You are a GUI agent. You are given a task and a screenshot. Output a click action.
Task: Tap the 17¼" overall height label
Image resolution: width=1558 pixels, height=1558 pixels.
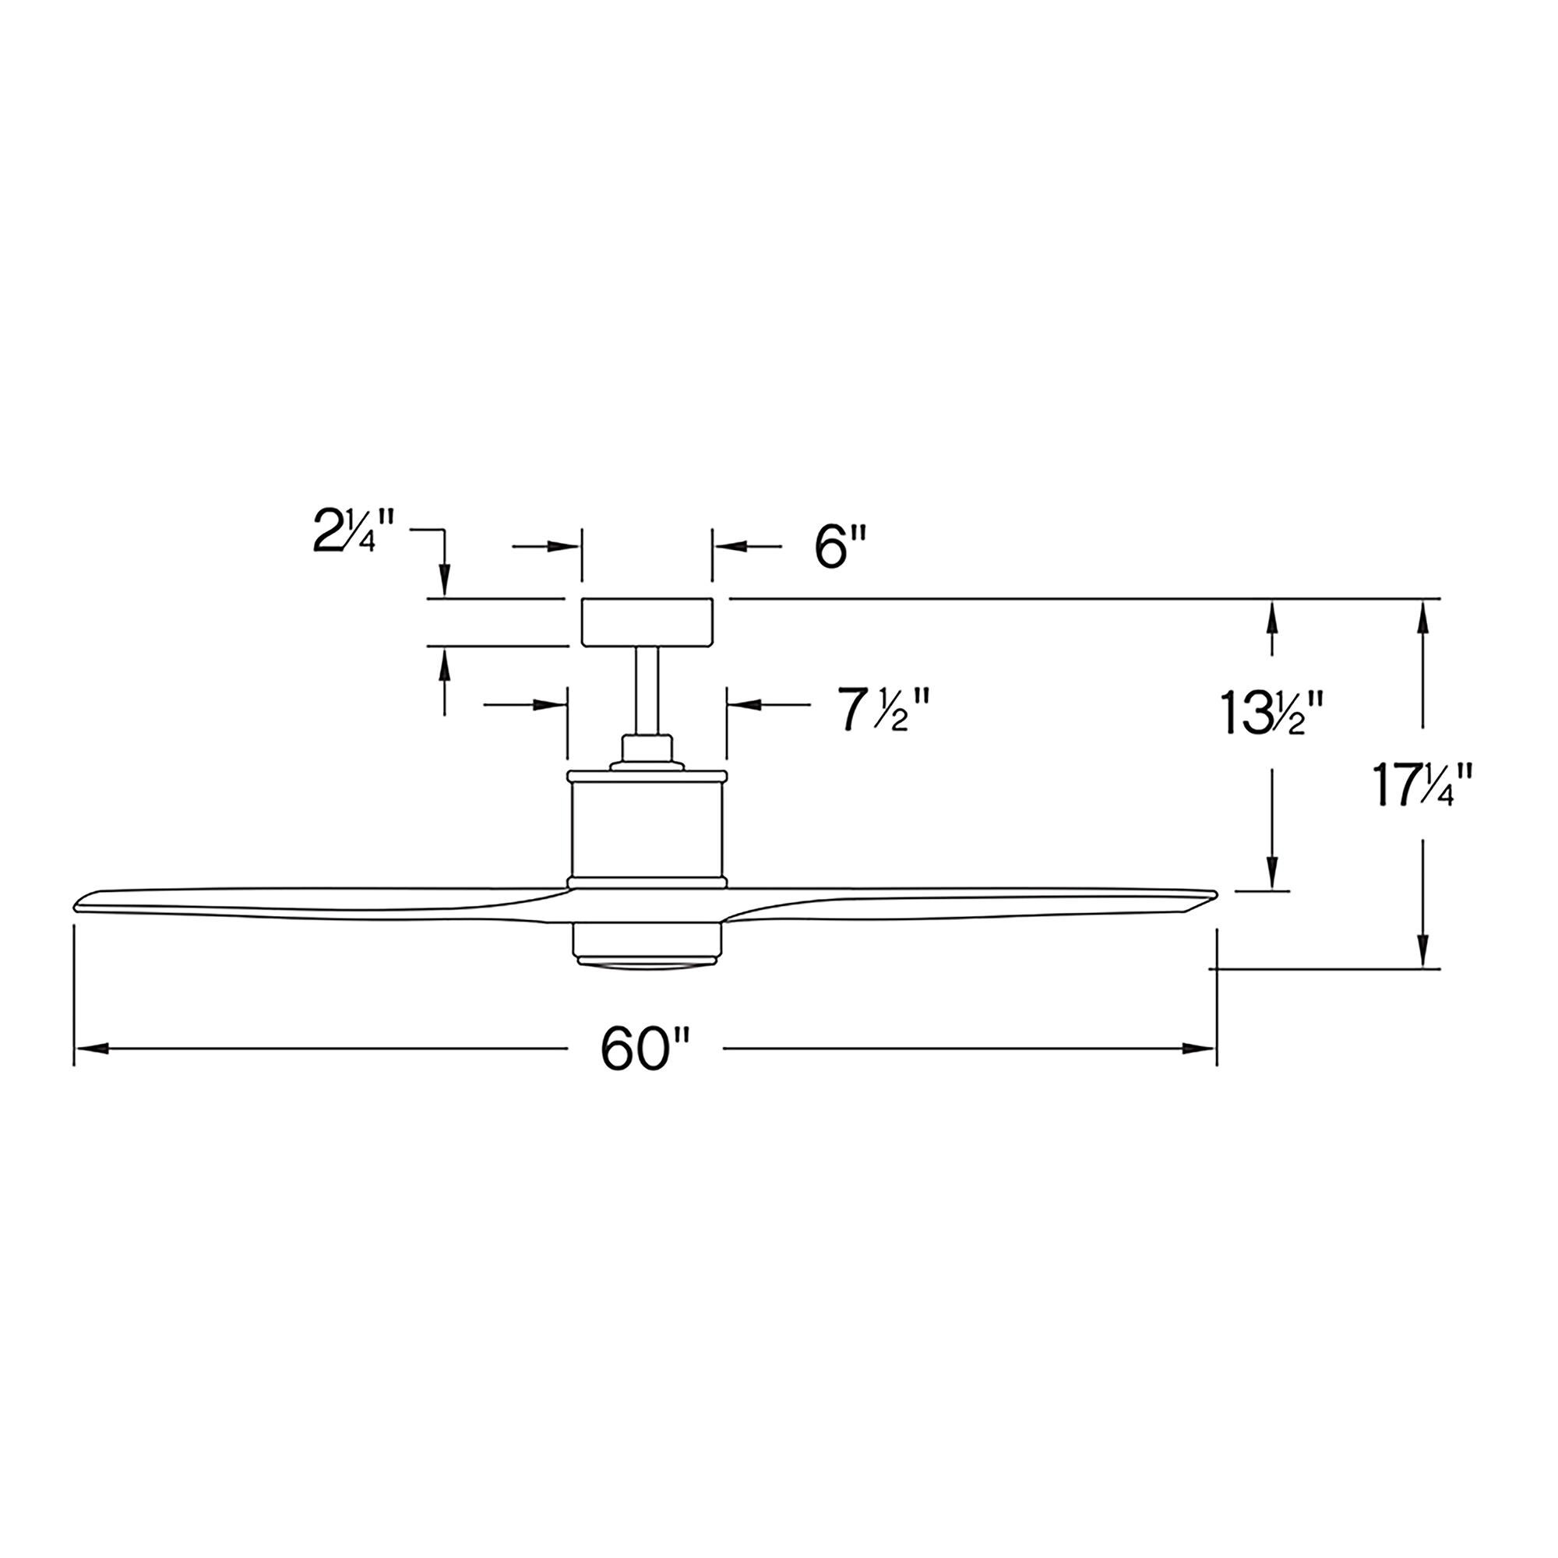[x=1422, y=787]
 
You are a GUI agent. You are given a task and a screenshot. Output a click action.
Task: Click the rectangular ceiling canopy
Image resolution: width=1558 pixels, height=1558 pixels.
[x=647, y=622]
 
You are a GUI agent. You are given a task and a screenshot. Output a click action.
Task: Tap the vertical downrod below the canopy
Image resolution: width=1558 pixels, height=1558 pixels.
[x=647, y=690]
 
